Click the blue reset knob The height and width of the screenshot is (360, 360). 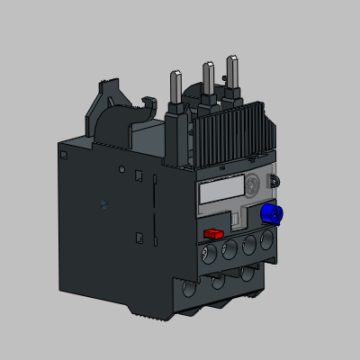(x=268, y=214)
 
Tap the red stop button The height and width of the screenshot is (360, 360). (x=213, y=233)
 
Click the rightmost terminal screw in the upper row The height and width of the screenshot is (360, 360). (x=266, y=241)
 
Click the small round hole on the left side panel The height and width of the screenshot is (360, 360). (x=122, y=168)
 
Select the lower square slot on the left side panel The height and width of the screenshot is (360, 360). (x=139, y=237)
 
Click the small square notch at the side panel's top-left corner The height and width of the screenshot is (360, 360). (x=65, y=155)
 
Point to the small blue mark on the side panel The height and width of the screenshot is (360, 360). (x=104, y=203)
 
